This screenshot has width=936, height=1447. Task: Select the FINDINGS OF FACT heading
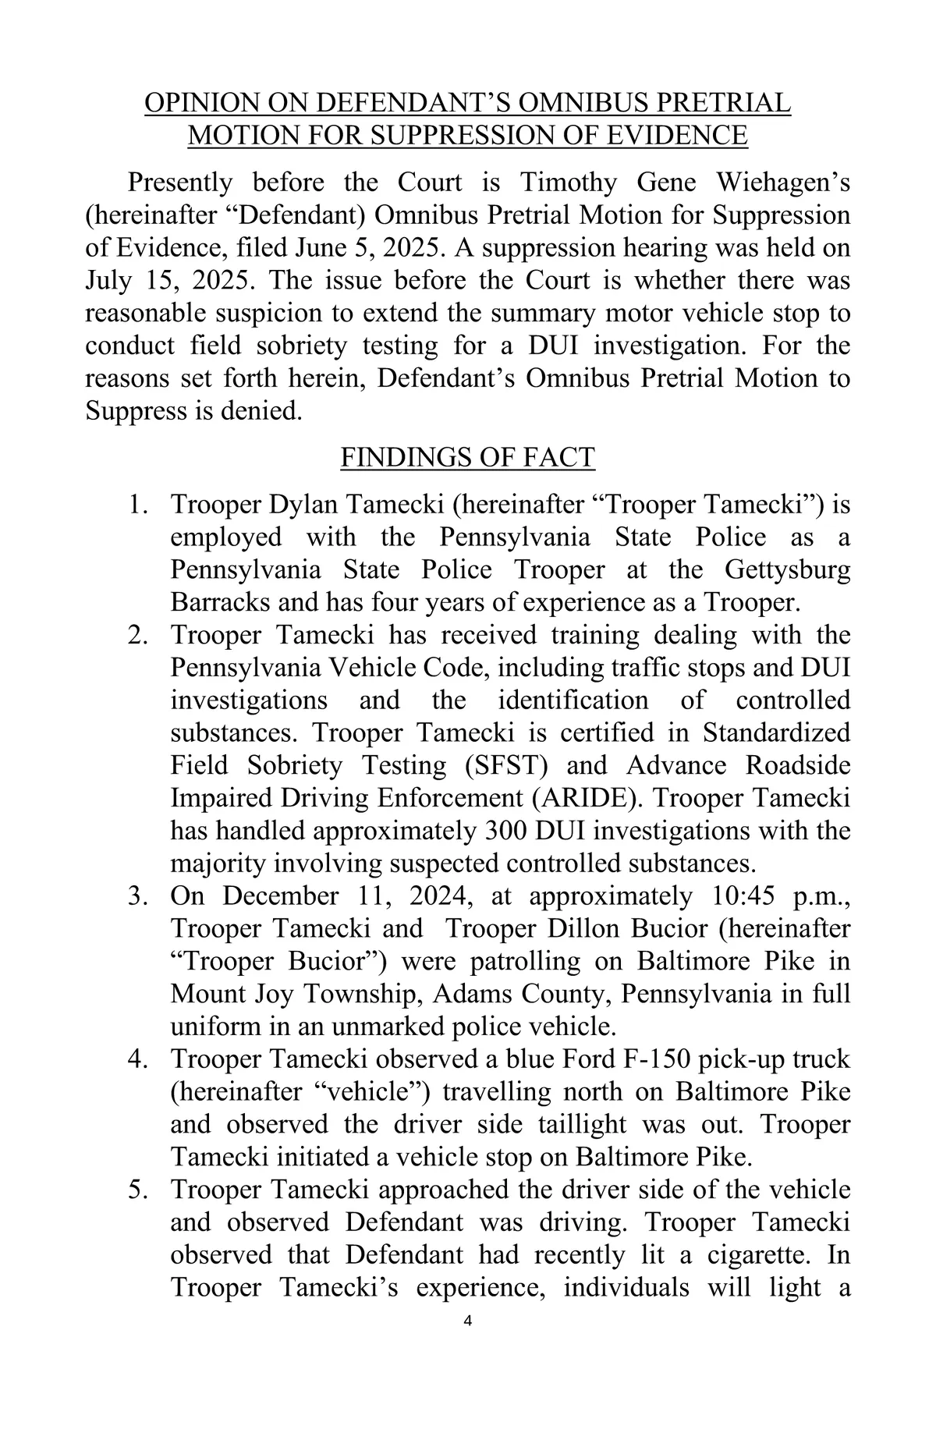point(467,457)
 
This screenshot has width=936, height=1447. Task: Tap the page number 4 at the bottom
point(468,1320)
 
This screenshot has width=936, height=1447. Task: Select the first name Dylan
point(303,505)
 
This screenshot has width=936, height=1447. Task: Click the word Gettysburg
point(787,569)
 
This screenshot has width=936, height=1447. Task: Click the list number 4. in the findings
point(137,1059)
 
